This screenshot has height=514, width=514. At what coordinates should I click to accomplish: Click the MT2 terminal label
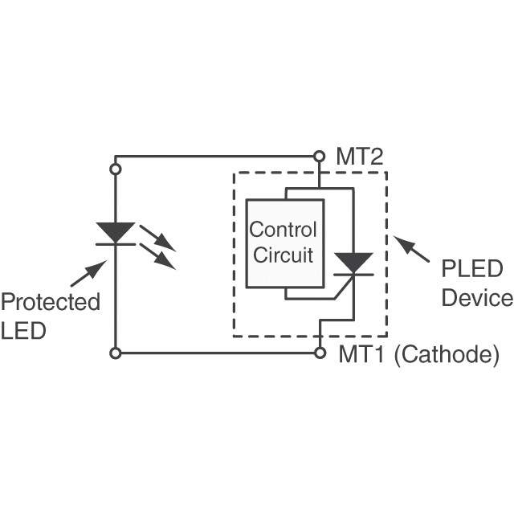(x=360, y=157)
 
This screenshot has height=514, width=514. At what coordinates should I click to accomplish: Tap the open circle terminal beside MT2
(x=319, y=157)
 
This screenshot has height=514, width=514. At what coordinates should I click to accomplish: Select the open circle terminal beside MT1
(x=320, y=353)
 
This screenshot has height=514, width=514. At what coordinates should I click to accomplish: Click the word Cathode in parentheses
(x=447, y=355)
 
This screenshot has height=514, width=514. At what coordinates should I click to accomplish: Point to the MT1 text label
(x=361, y=354)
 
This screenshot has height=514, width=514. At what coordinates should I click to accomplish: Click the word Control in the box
(x=283, y=230)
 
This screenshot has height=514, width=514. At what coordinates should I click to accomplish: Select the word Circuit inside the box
(x=283, y=255)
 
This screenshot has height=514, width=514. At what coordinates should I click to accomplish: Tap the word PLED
(x=472, y=269)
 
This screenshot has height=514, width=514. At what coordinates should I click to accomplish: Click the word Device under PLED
(x=477, y=298)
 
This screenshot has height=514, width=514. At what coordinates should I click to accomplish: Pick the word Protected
(x=51, y=302)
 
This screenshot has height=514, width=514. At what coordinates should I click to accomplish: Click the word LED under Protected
(x=23, y=330)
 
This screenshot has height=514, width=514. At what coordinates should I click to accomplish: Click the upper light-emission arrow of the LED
(x=157, y=239)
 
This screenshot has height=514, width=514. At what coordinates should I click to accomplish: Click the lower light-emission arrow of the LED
(x=157, y=256)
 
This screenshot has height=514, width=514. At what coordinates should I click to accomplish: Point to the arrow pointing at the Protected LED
(x=88, y=274)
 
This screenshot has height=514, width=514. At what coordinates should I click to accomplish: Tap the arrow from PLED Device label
(x=411, y=249)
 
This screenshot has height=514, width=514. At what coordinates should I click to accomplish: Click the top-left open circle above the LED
(x=116, y=169)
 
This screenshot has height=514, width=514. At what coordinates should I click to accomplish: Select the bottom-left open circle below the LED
(x=116, y=353)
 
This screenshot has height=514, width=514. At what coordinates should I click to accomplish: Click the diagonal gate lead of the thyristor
(x=344, y=288)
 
